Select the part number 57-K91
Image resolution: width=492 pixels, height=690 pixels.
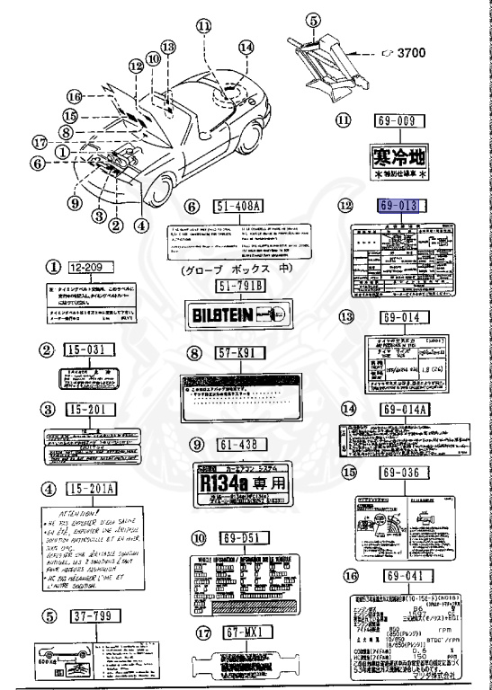[x=237, y=353]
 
